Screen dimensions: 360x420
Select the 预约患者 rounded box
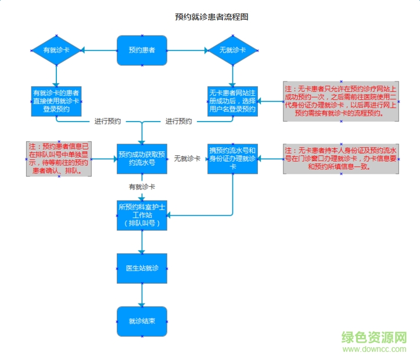coord(142,51)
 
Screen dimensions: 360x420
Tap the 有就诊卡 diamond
coord(57,51)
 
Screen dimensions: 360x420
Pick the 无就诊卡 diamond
coord(232,51)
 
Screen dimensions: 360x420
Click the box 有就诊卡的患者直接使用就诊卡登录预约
coord(56,101)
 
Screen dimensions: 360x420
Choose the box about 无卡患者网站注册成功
coord(232,101)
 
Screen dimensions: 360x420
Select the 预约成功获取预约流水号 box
coord(142,159)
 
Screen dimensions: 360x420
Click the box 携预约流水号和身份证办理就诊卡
coord(232,159)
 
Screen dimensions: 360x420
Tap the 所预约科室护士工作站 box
coord(142,215)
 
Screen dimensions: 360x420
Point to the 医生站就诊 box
coord(142,268)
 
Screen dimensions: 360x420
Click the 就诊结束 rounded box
coord(142,321)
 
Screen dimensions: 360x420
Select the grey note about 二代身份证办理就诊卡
coord(341,101)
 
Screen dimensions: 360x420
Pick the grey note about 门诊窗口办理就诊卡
coord(341,159)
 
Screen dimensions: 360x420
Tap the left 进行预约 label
coord(107,122)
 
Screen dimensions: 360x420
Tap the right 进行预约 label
coord(178,122)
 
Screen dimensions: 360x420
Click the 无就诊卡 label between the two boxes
coord(187,159)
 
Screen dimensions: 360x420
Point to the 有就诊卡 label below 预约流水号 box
coord(142,187)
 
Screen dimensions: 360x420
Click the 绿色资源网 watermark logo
coord(374,338)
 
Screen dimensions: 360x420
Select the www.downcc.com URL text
coord(374,350)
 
